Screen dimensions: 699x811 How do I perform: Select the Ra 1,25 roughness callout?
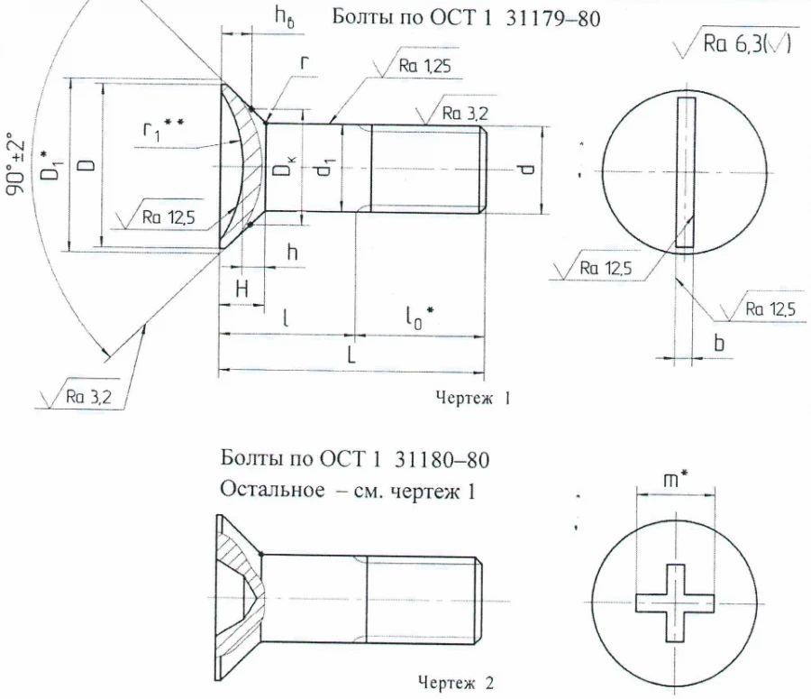(x=423, y=67)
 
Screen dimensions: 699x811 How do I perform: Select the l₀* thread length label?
(x=419, y=316)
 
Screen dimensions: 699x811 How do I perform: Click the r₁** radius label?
(x=164, y=131)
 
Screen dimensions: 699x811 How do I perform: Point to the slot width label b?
(x=719, y=343)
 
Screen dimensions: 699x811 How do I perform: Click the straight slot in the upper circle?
(x=687, y=171)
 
